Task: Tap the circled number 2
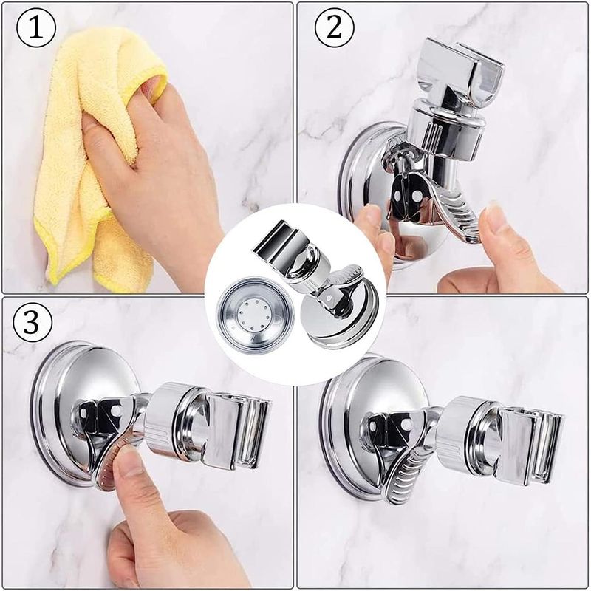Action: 335,27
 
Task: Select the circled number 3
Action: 32,322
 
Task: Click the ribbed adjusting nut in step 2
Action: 445,130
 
